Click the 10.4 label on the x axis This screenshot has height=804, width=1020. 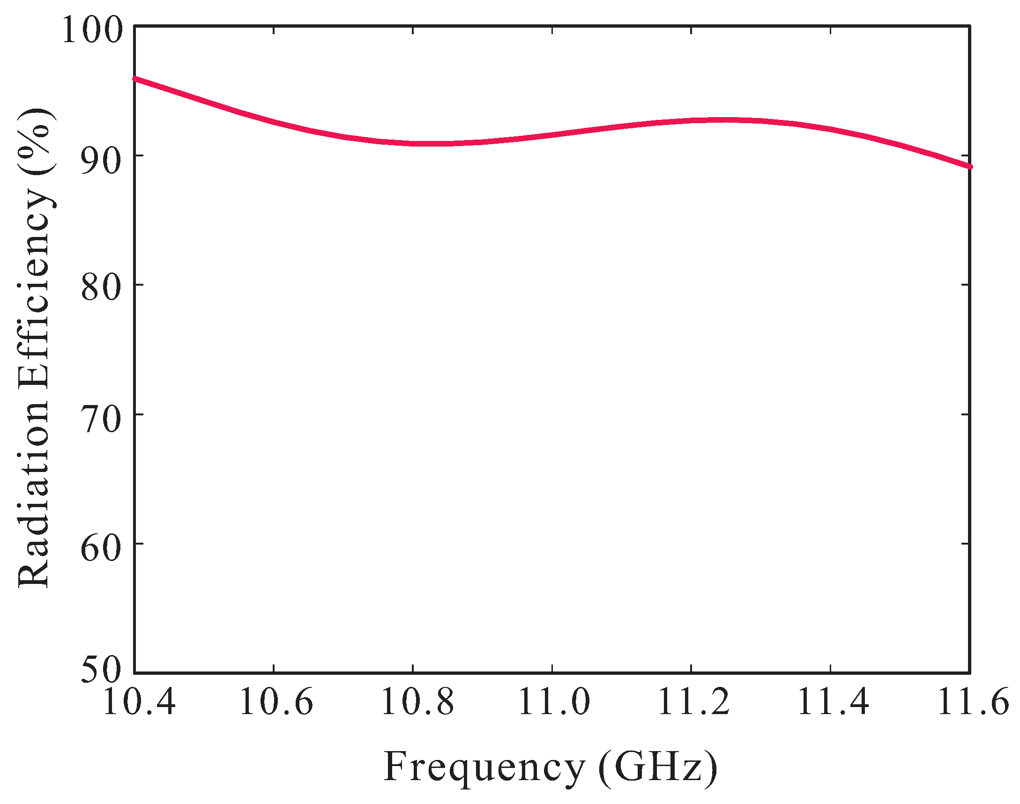pyautogui.click(x=138, y=701)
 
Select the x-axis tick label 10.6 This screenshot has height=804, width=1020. pyautogui.click(x=276, y=701)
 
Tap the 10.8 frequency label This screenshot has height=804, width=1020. pyautogui.click(x=416, y=701)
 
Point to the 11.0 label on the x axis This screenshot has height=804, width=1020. pyautogui.click(x=554, y=701)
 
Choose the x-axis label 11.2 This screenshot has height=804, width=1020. pyautogui.click(x=692, y=701)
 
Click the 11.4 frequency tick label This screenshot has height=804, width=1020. pyautogui.click(x=832, y=701)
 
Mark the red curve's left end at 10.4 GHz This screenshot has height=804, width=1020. pyautogui.click(x=135, y=79)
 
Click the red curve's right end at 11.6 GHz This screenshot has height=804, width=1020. pyautogui.click(x=969, y=167)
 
